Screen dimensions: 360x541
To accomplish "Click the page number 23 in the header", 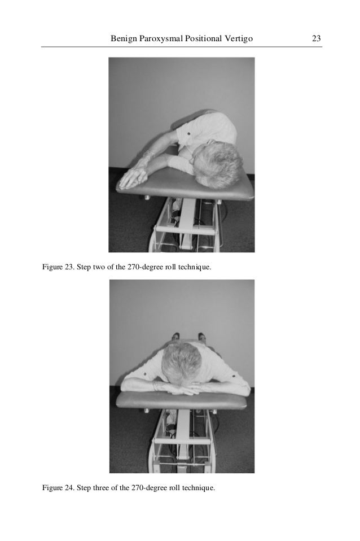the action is [x=316, y=38].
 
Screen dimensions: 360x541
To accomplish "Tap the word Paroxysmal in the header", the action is [x=161, y=39].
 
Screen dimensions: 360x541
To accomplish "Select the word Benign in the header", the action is [x=124, y=39].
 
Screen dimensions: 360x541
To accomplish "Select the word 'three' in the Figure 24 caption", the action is [x=100, y=488].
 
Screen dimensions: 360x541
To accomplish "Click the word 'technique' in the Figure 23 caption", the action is [x=194, y=268].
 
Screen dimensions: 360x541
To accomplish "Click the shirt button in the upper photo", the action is [x=188, y=133].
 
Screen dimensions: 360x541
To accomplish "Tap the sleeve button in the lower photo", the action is [x=146, y=374].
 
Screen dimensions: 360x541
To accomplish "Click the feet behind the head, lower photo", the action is [x=188, y=335].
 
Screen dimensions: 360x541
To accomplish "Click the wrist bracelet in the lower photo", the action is [x=156, y=385].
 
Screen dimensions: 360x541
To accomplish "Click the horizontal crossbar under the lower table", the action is [x=182, y=441].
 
